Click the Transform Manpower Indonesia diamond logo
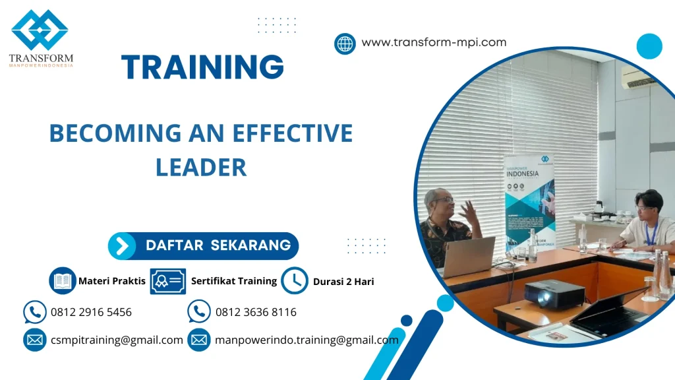(40, 30)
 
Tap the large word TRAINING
(203, 67)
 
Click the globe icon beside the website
(345, 44)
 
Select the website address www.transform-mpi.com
(434, 42)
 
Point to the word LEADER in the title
(201, 167)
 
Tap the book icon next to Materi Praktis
(63, 280)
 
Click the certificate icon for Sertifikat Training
(167, 281)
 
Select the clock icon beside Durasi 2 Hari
(295, 280)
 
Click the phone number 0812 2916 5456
(91, 312)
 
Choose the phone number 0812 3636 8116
(256, 312)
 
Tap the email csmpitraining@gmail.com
(117, 340)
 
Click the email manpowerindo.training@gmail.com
(307, 340)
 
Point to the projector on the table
(554, 293)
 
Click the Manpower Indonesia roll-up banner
(529, 201)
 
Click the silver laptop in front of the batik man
(469, 256)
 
